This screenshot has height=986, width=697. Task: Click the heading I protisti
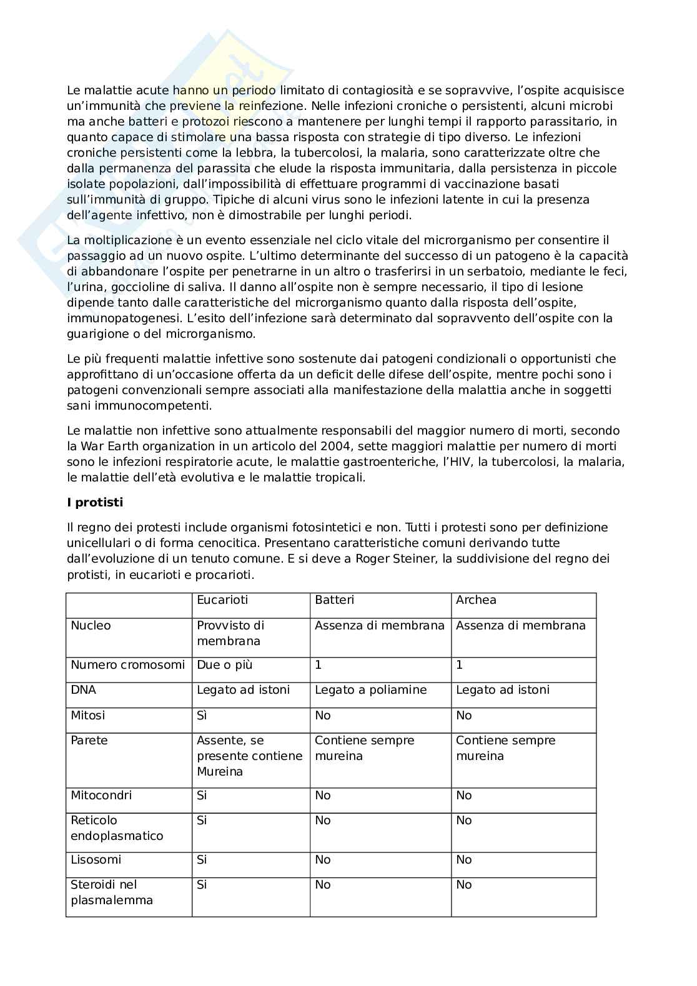click(95, 503)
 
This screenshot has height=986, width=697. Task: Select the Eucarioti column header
click(222, 600)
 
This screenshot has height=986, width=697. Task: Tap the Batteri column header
click(334, 600)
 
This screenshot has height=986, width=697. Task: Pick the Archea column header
click(476, 600)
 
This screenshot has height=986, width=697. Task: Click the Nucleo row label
click(91, 626)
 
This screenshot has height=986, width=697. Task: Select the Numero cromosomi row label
click(127, 665)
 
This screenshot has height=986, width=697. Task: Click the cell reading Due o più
click(224, 665)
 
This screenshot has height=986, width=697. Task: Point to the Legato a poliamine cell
click(370, 690)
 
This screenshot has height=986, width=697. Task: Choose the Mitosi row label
click(87, 716)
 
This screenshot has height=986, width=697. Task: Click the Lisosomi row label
click(96, 860)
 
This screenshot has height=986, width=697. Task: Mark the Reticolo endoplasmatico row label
click(116, 828)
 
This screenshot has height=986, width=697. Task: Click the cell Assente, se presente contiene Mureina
click(249, 756)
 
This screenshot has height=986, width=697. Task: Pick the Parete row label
click(89, 741)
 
